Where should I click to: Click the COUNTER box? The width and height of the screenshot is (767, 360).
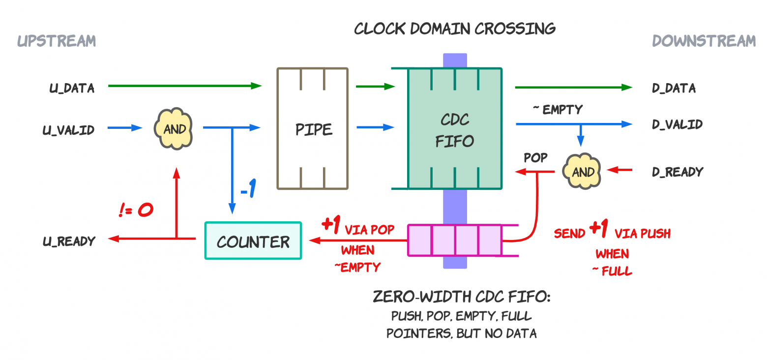pyautogui.click(x=253, y=241)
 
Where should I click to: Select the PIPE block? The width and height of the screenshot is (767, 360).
pyautogui.click(x=313, y=129)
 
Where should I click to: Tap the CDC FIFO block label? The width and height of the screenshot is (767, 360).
pyautogui.click(x=454, y=130)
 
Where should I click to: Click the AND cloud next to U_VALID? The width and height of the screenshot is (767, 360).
pyautogui.click(x=175, y=128)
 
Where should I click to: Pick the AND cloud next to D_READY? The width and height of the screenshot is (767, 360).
pyautogui.click(x=583, y=172)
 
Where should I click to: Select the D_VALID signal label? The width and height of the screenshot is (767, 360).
pyautogui.click(x=677, y=124)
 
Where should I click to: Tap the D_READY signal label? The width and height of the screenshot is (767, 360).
pyautogui.click(x=677, y=172)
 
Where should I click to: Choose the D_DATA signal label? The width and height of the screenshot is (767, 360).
pyautogui.click(x=674, y=89)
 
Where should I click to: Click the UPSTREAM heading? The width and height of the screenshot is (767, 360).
pyautogui.click(x=57, y=41)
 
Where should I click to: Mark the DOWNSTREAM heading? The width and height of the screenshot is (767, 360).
pyautogui.click(x=704, y=41)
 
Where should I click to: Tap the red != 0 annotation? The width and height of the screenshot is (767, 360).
pyautogui.click(x=136, y=210)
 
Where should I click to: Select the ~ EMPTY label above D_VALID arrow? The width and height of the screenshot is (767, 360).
pyautogui.click(x=558, y=110)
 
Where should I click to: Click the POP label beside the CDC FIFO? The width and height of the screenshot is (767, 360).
pyautogui.click(x=535, y=158)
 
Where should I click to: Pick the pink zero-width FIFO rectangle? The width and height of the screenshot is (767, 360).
pyautogui.click(x=455, y=240)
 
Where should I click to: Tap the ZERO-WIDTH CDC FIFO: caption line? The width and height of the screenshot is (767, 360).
pyautogui.click(x=461, y=297)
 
